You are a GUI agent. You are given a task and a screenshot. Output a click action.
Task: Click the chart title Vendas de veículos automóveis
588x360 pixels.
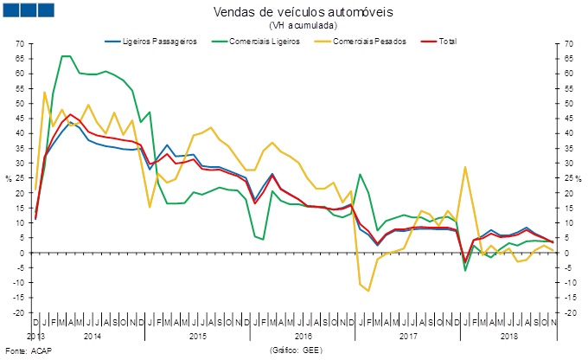(293, 13)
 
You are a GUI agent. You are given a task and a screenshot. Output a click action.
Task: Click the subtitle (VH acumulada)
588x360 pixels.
(294, 26)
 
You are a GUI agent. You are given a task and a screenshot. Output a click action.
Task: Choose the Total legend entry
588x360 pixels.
(444, 42)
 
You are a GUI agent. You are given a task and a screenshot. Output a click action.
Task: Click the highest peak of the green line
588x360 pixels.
(66, 56)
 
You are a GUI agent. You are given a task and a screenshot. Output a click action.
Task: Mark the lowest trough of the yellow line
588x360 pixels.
(369, 291)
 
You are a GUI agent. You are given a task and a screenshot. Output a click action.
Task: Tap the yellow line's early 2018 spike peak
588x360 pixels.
(466, 167)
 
